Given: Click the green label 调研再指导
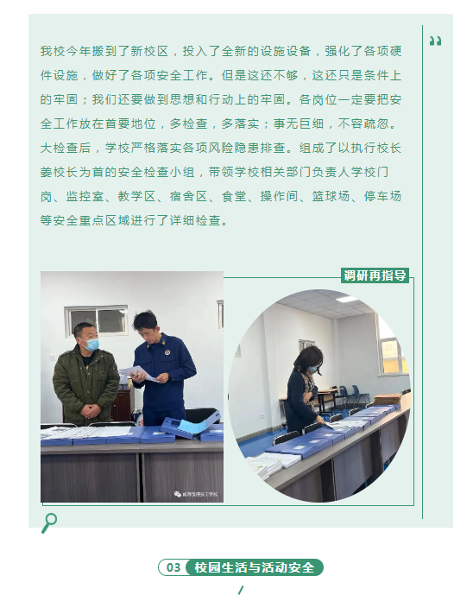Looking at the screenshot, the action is [x=375, y=275].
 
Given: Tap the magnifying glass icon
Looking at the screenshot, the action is [x=49, y=523].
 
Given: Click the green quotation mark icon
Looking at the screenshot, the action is [x=435, y=41].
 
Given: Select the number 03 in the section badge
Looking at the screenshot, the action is [x=173, y=567].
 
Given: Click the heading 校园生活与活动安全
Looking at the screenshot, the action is [x=255, y=567].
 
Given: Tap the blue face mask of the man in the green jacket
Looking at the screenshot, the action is [x=91, y=345].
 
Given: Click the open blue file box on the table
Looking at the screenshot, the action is [x=191, y=423].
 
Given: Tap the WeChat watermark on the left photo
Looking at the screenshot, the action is [x=196, y=494].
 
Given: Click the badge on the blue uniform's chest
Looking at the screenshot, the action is [x=167, y=353].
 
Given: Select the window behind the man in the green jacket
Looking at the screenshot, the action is [x=96, y=320].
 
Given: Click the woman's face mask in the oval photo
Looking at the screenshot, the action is [x=313, y=368].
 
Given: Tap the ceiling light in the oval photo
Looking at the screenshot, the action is [x=346, y=299].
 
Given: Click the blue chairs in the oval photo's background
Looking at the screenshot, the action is [x=350, y=395].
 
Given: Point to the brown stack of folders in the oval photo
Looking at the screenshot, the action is [x=388, y=399].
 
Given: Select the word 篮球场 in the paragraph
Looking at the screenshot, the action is [x=331, y=197].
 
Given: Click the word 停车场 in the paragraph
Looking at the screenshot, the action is [x=382, y=197].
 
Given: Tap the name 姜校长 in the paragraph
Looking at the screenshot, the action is [x=60, y=172].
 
